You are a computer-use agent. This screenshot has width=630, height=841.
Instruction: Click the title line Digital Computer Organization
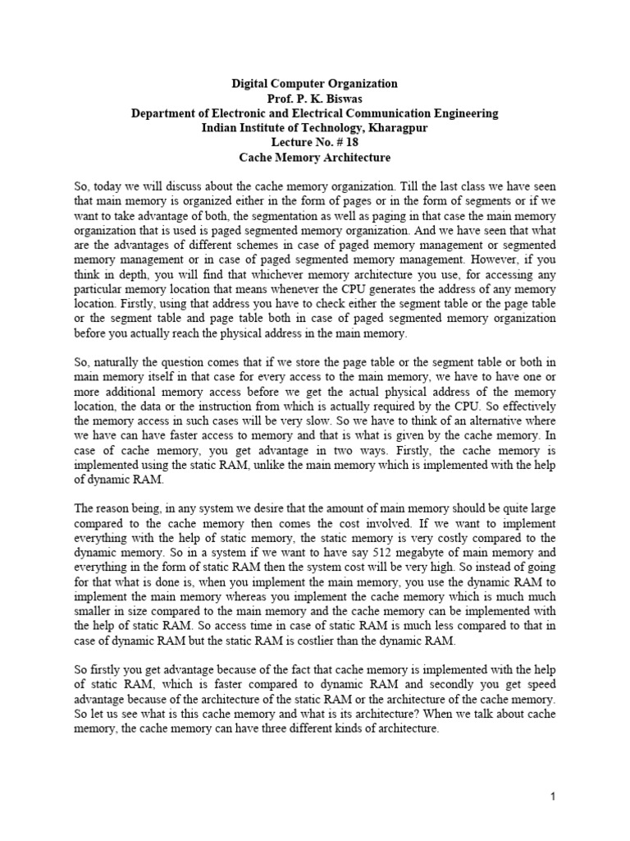(314, 84)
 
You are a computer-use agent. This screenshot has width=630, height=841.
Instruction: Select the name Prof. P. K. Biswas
(314, 99)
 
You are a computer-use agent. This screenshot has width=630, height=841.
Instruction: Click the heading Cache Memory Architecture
(314, 158)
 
